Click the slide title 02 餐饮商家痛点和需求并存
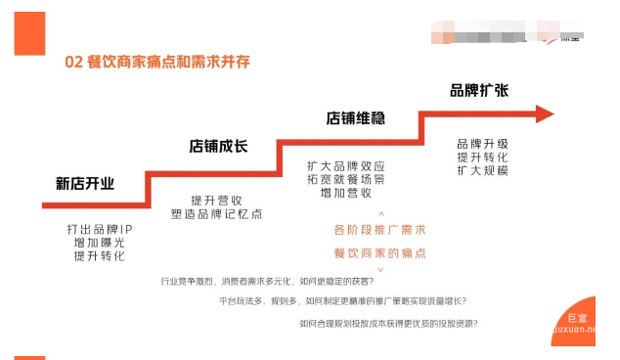pyautogui.click(x=157, y=62)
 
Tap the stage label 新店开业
pyautogui.click(x=85, y=183)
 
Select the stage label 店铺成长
pyautogui.click(x=218, y=147)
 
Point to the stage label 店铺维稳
pyautogui.click(x=355, y=118)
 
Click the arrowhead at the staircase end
pyautogui.click(x=544, y=114)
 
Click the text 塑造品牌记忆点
pyautogui.click(x=218, y=213)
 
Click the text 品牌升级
pyautogui.click(x=482, y=144)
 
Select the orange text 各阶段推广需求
pyautogui.click(x=380, y=230)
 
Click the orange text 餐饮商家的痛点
pyautogui.click(x=380, y=253)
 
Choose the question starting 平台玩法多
pyautogui.click(x=342, y=301)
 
